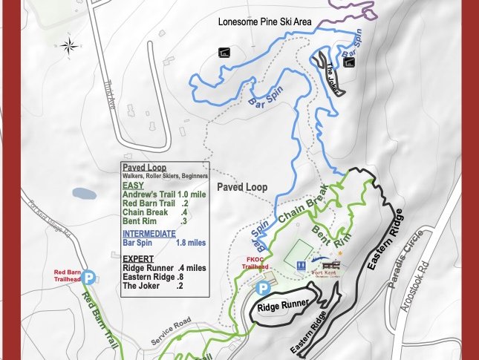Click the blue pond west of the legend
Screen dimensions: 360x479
[84, 194]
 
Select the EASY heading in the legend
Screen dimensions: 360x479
[134, 186]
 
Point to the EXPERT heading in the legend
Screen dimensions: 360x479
[137, 258]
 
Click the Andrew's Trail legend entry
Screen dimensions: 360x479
[165, 194]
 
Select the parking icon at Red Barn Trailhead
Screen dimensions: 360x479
[89, 278]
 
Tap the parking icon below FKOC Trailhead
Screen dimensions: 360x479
[262, 288]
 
